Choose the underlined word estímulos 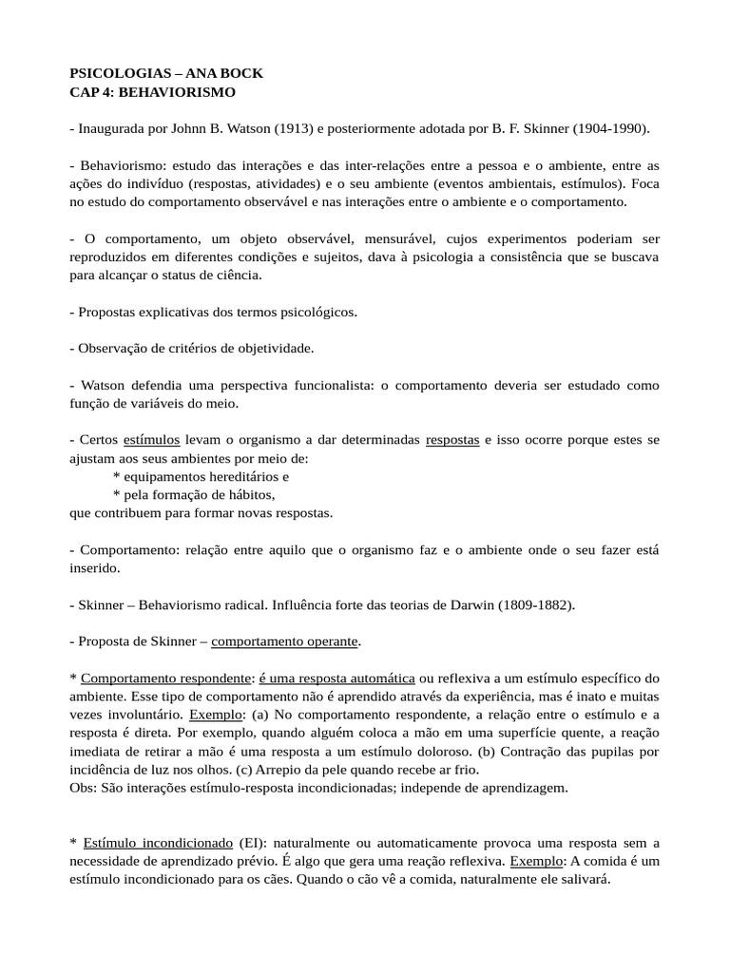pyautogui.click(x=151, y=440)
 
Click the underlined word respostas pyautogui.click(x=452, y=440)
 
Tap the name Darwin pyautogui.click(x=467, y=604)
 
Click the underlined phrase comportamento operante pyautogui.click(x=285, y=641)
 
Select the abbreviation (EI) pyautogui.click(x=252, y=843)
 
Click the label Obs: pyautogui.click(x=83, y=788)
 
